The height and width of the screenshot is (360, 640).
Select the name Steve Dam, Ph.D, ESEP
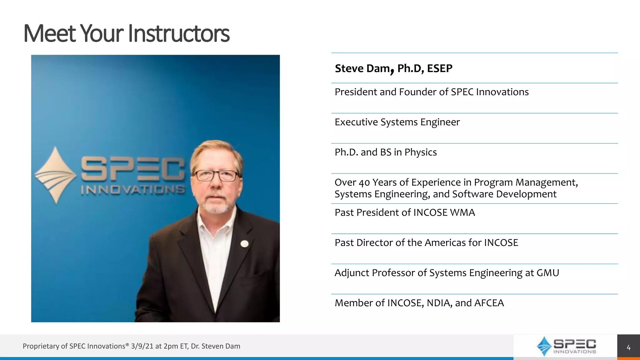pyautogui.click(x=393, y=68)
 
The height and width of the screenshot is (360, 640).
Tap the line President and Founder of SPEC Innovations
pyautogui.click(x=432, y=92)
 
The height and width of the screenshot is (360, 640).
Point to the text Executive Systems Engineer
pyautogui.click(x=397, y=122)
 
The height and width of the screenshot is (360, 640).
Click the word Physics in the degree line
pyautogui.click(x=420, y=152)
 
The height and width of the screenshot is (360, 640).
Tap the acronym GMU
pyautogui.click(x=547, y=273)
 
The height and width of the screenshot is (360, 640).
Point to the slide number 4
pyautogui.click(x=628, y=347)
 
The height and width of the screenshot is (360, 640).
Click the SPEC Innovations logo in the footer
pyautogui.click(x=566, y=346)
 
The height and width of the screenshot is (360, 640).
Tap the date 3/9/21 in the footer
pyautogui.click(x=142, y=346)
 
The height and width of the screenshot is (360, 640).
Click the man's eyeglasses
pyautogui.click(x=216, y=176)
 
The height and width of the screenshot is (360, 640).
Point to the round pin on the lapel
pyautogui.click(x=244, y=244)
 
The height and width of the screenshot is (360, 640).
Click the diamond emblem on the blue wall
pyautogui.click(x=56, y=175)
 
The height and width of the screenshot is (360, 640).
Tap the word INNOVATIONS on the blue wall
pyautogui.click(x=132, y=190)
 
